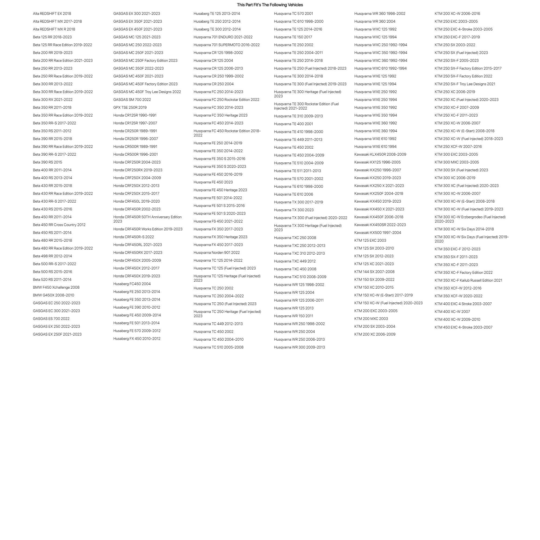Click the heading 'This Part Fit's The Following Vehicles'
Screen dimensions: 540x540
[x=270, y=5]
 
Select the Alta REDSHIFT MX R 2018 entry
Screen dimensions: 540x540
[x=54, y=29]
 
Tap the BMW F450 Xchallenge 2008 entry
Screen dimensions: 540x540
[x=56, y=287]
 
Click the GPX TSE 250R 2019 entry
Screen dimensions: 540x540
[x=130, y=107]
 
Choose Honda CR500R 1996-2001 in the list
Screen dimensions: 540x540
[x=135, y=154]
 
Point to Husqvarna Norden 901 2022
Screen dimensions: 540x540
[x=217, y=252]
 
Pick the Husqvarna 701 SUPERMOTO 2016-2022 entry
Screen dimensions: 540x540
[x=226, y=45]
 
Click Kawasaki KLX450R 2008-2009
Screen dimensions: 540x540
[x=380, y=154]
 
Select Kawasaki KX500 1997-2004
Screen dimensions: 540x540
[x=378, y=233]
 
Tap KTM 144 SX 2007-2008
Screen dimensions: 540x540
[x=374, y=272]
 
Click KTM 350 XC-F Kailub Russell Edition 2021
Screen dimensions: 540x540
[x=468, y=280]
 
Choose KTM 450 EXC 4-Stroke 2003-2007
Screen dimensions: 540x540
[x=463, y=327]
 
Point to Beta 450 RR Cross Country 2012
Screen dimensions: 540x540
[x=59, y=225]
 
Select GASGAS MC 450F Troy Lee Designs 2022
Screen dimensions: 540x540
[x=147, y=92]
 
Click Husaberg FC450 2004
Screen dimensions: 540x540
[x=132, y=284]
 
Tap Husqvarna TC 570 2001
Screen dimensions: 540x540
[x=293, y=13]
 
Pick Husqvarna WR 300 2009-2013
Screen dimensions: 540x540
[x=299, y=347]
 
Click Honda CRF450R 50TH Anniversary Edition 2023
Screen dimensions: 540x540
[x=147, y=219]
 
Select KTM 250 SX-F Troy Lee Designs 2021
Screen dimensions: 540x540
[x=465, y=84]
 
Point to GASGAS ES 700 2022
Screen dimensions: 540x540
[x=51, y=319]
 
